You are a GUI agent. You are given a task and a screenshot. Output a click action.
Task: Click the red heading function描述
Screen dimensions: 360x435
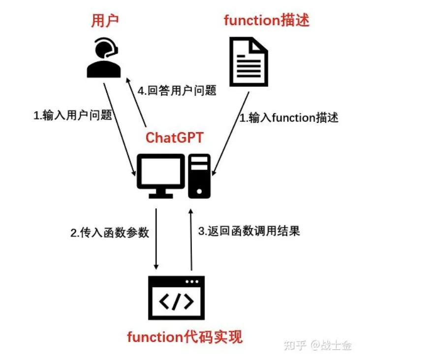[266, 20]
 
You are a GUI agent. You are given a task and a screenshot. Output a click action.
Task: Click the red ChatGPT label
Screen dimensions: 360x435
[175, 138]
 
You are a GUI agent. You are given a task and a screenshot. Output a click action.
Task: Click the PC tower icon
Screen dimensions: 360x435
[200, 176]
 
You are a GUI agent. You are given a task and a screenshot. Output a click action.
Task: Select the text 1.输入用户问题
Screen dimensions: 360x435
[73, 116]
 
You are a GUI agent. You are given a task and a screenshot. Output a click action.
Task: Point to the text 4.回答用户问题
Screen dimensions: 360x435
[176, 91]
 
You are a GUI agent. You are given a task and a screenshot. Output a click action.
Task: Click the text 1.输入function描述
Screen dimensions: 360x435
[289, 118]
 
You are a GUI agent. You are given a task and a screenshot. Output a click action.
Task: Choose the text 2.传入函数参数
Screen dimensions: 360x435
[110, 233]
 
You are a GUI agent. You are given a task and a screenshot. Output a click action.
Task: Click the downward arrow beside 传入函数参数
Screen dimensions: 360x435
[156, 239]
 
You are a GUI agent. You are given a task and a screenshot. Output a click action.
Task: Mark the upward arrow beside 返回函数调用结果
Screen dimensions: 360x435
[190, 239]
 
